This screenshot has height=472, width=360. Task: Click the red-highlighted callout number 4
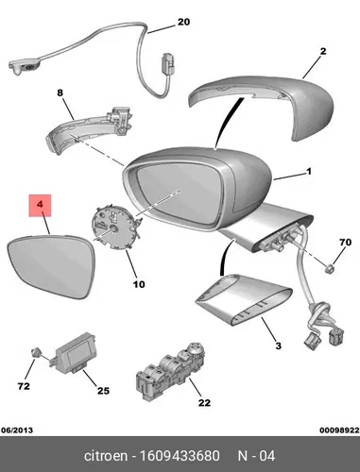coord(40,205)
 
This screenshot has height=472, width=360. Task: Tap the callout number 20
coord(183,22)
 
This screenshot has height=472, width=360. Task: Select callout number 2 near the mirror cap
coord(323,51)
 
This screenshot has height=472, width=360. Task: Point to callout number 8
coord(60,93)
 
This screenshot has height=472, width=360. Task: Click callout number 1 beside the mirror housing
coord(309,172)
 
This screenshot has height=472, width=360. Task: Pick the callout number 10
coord(139,284)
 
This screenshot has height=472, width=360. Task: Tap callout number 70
coord(345,243)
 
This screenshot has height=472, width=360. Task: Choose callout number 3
coord(278,346)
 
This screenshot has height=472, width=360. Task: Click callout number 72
coord(24,386)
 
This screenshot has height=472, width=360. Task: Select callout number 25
coord(103,391)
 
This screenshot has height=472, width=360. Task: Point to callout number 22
coord(204,402)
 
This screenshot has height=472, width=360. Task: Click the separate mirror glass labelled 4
coord(52,267)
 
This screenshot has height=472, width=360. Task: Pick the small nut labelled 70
coord(330,269)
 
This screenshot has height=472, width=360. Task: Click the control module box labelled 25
coord(75,352)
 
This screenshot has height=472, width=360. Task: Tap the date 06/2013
coord(17,430)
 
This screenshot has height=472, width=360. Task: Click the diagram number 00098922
coord(339,430)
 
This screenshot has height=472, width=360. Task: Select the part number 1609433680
coord(180,456)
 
